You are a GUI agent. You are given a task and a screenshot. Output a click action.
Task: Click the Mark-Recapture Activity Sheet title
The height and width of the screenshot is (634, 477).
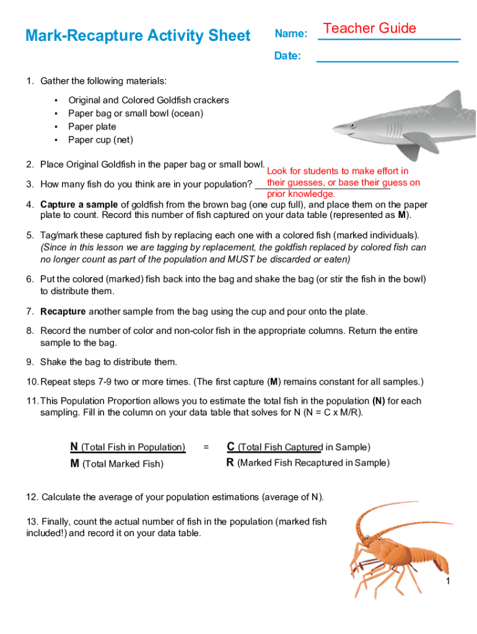click(138, 36)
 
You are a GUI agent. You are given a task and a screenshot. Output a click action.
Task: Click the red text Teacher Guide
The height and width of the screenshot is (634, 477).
click(370, 28)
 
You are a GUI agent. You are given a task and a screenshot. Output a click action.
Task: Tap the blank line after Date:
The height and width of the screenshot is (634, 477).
click(387, 60)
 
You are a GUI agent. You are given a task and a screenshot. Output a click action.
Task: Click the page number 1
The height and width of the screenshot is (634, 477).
click(447, 581)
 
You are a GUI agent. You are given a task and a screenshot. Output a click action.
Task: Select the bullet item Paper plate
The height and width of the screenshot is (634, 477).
click(92, 126)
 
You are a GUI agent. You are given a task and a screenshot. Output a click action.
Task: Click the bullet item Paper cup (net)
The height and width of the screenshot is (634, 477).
click(100, 140)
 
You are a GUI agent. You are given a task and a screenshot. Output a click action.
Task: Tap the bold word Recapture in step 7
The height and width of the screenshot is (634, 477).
click(63, 311)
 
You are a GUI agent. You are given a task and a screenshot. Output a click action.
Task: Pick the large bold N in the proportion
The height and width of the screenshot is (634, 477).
click(74, 446)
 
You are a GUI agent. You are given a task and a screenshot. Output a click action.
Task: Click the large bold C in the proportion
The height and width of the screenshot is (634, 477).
click(230, 446)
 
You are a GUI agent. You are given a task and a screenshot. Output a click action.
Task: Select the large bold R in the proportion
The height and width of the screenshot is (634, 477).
click(230, 462)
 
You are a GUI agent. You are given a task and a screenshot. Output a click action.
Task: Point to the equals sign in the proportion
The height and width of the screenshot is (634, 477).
click(206, 447)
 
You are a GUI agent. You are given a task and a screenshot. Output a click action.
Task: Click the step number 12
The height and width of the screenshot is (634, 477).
click(32, 497)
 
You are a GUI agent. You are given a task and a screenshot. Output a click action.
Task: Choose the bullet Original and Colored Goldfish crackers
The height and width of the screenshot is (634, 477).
click(149, 100)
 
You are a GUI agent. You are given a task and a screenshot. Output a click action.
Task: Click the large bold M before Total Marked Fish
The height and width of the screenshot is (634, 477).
click(75, 463)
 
